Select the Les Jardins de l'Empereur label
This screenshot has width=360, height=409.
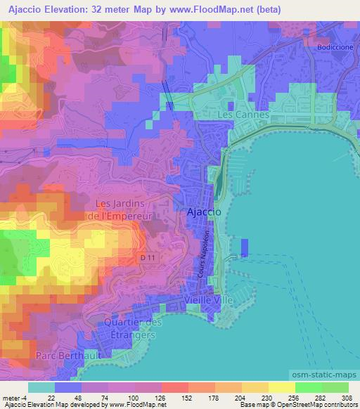coord(123,209)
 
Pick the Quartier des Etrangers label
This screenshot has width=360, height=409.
coord(133,329)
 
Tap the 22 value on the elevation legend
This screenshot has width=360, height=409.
coord(51,397)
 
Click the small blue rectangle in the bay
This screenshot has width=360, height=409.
coord(244,247)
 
